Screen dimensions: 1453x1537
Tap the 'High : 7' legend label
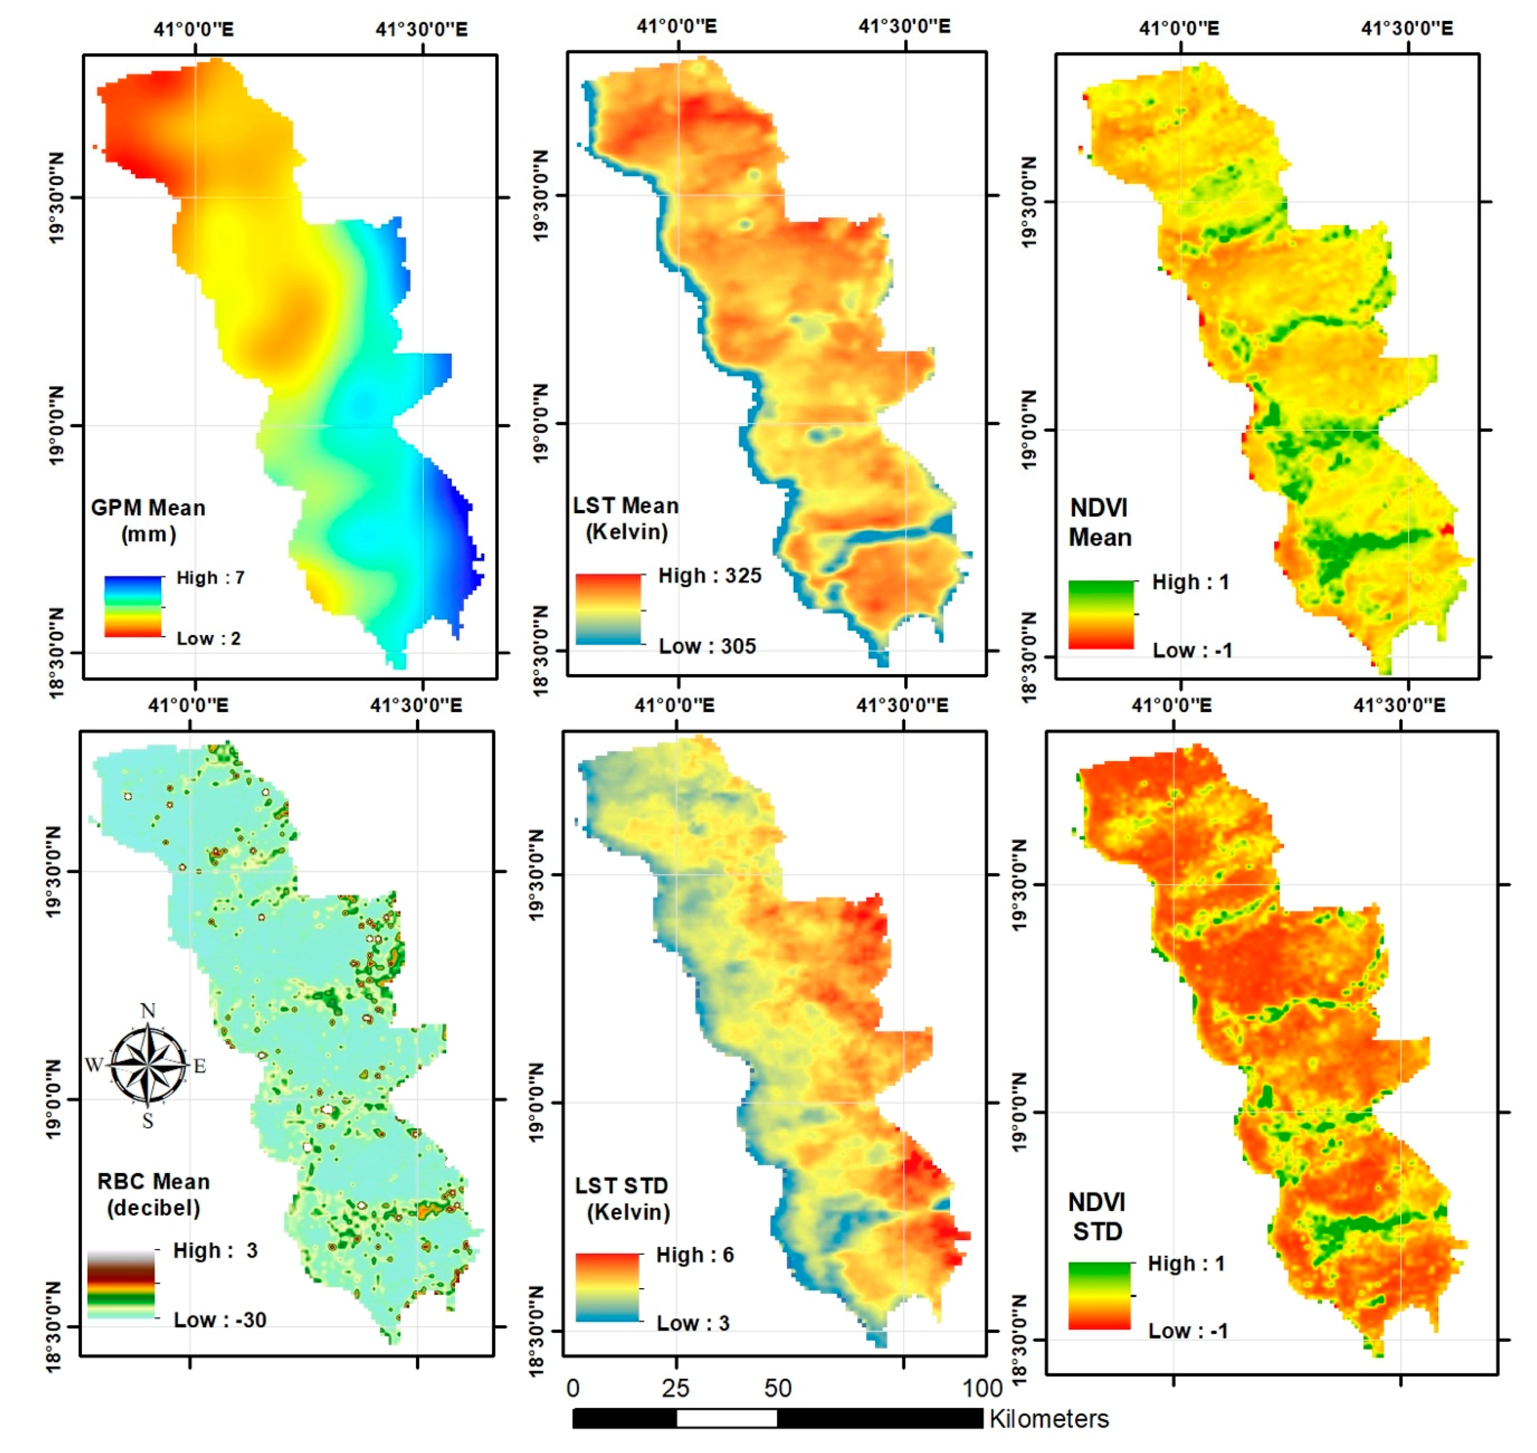(x=210, y=578)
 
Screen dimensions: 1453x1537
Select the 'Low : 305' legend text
(x=707, y=646)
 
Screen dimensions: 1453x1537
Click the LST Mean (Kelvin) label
(x=625, y=518)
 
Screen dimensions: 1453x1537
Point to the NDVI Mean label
(x=1099, y=523)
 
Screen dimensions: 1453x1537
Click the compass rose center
(x=148, y=1066)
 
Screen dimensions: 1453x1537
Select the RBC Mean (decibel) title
(x=153, y=1194)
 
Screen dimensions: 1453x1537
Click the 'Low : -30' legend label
(x=219, y=1320)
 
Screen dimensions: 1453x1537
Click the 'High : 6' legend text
(x=694, y=1255)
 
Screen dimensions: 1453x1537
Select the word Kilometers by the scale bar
(x=1049, y=1419)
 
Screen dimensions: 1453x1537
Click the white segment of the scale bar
(x=727, y=1418)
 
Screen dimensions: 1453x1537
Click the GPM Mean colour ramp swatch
(x=133, y=607)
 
